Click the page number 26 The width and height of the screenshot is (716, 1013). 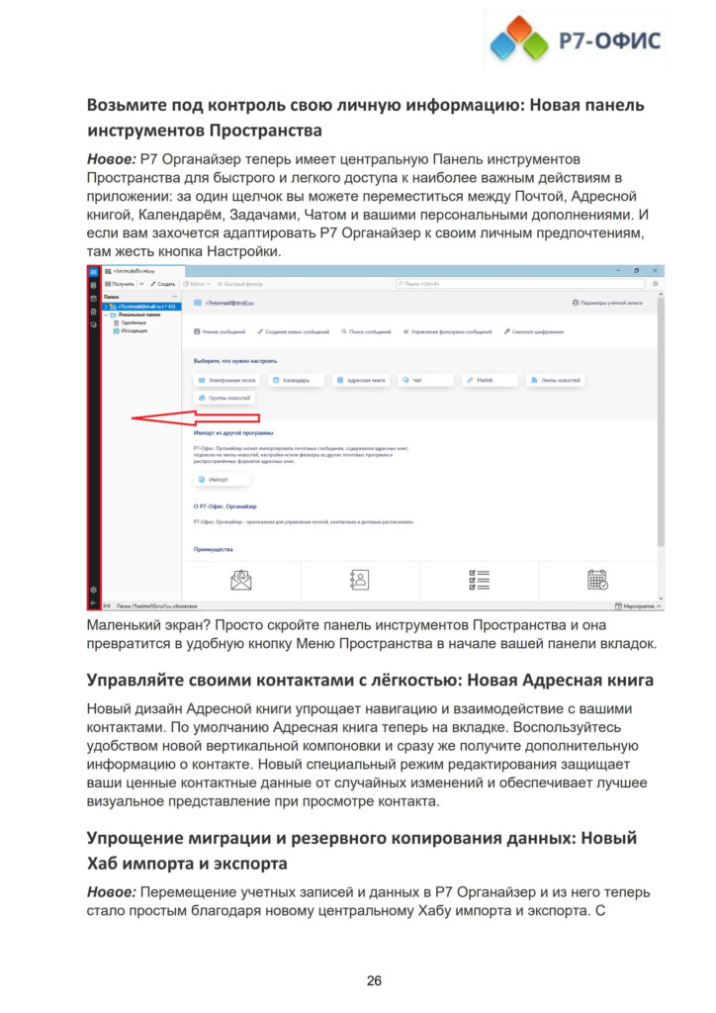pos(374,980)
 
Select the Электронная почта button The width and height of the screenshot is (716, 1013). pos(227,380)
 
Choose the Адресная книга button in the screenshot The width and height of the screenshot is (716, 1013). pos(362,380)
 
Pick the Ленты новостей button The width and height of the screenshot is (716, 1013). pos(555,380)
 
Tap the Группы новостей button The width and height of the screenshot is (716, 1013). pos(225,398)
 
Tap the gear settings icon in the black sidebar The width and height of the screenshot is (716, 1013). pos(93,590)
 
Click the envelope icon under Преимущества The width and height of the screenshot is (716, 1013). pos(241,580)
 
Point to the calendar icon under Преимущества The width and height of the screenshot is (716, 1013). pos(597,580)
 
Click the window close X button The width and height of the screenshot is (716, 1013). pos(657,270)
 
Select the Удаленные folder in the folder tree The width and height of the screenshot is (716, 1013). pos(134,322)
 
